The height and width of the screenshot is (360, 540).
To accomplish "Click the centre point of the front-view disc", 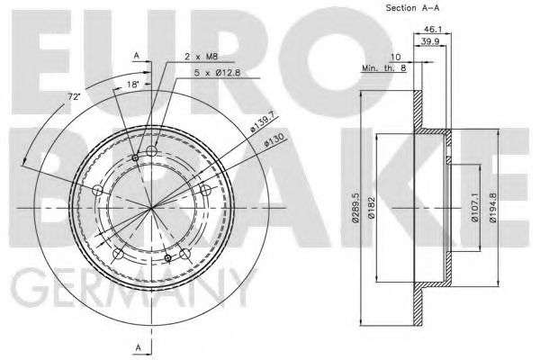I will [x=151, y=207].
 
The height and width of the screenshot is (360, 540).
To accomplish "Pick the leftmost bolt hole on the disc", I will [x=98, y=190].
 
